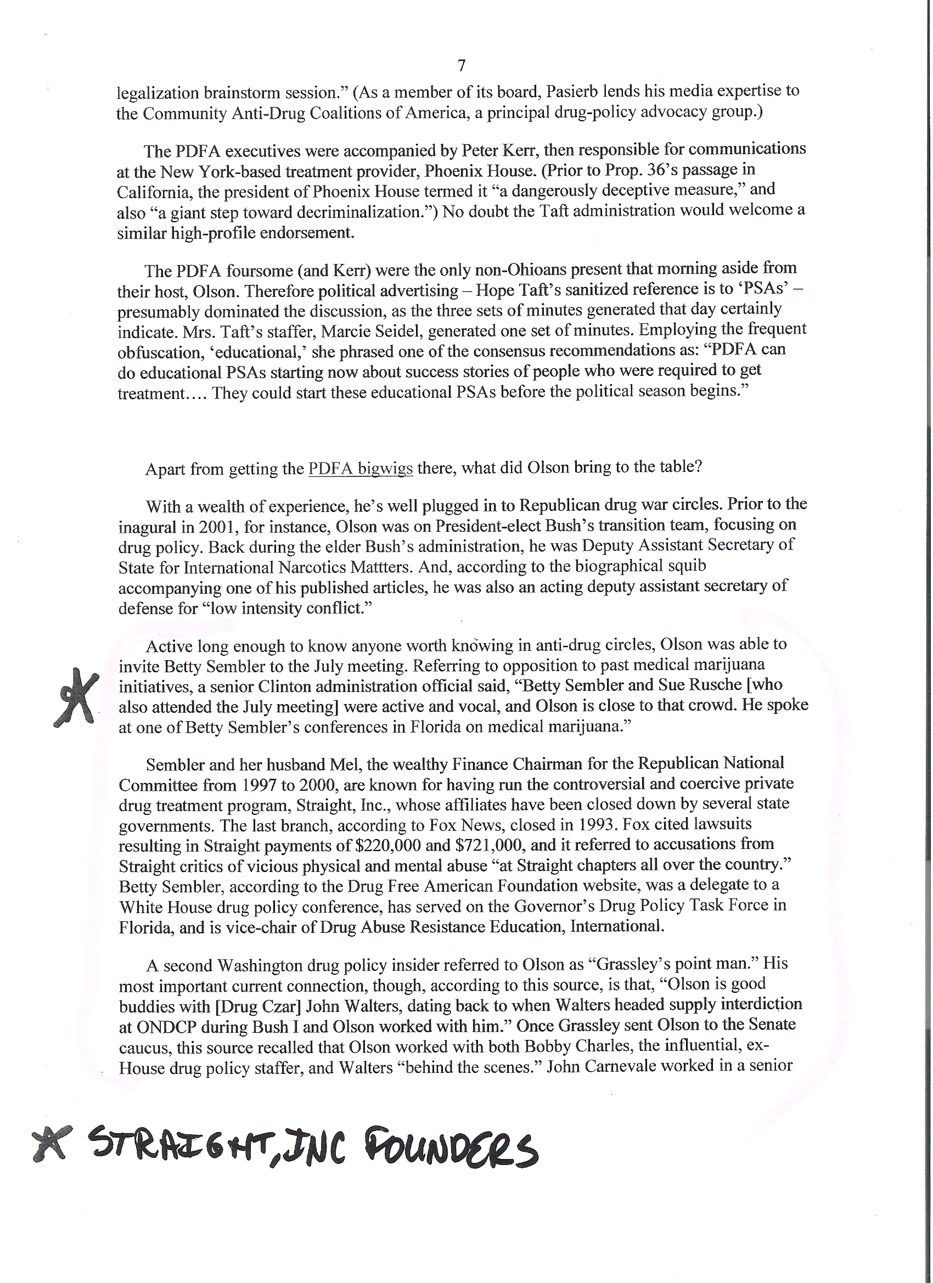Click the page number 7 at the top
461,66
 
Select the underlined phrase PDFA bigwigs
361,469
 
